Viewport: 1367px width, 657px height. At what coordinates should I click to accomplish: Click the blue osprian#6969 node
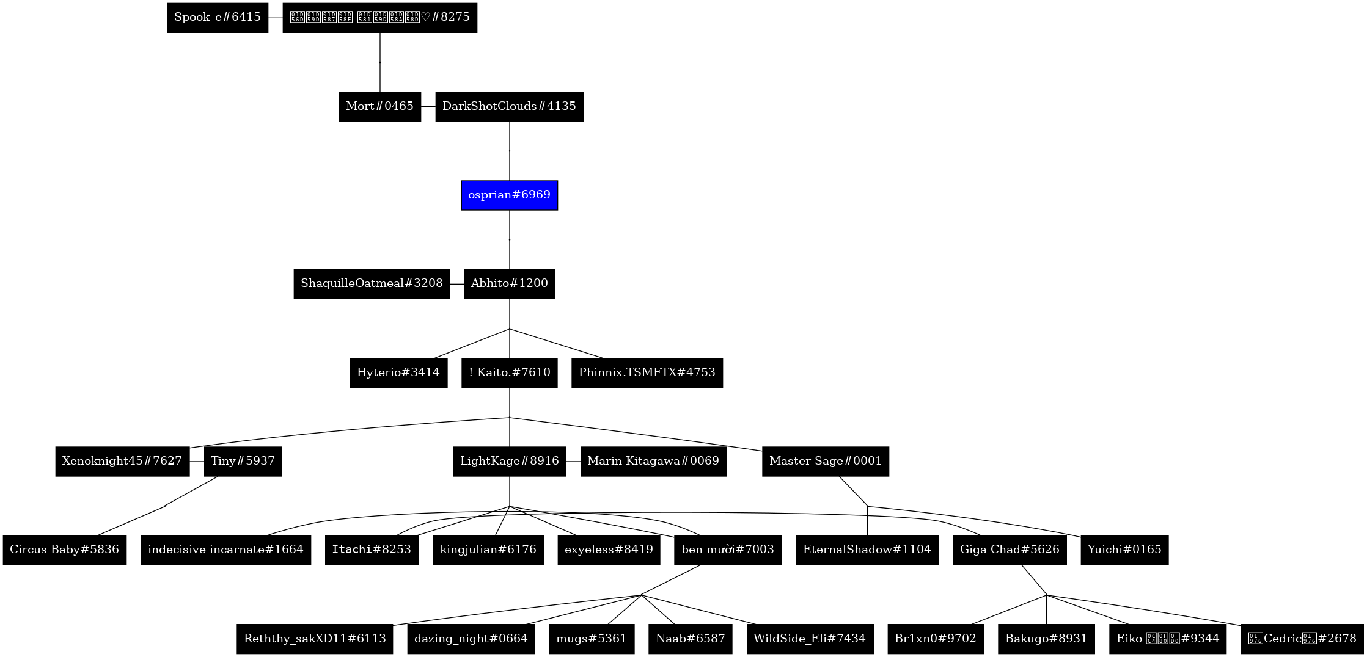tap(509, 195)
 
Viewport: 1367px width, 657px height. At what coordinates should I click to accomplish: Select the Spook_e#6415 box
tap(218, 18)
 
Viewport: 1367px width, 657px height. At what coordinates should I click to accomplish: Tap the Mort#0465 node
tap(379, 106)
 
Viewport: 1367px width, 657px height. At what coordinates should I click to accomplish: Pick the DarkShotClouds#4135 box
tap(509, 106)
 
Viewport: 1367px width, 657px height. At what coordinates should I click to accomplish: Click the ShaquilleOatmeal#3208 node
tap(372, 284)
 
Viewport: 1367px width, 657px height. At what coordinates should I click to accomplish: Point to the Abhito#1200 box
tap(509, 284)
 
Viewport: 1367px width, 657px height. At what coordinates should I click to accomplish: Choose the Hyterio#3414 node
tap(398, 372)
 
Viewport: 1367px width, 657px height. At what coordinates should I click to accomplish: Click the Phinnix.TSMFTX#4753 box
tap(647, 372)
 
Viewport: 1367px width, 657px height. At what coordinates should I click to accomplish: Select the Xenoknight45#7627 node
tap(122, 461)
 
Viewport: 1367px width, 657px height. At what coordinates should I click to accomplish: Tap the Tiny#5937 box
tap(243, 461)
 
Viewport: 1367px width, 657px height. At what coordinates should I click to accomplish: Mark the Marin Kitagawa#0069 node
tap(653, 461)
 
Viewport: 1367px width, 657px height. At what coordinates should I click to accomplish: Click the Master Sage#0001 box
tap(825, 461)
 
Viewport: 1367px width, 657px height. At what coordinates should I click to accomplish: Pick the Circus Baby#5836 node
tap(65, 550)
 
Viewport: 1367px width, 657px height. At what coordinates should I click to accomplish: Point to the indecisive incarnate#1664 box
tap(225, 550)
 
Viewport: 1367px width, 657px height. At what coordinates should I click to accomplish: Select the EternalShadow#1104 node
tap(867, 550)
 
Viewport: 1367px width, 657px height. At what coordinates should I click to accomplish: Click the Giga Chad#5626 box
tap(1010, 550)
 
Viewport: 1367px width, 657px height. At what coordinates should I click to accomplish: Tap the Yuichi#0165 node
tap(1124, 550)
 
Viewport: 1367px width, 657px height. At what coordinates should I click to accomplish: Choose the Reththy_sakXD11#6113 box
tap(315, 639)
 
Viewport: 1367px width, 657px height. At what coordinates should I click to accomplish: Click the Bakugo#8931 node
tap(1046, 639)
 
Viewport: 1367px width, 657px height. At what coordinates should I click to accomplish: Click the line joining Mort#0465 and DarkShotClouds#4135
tap(428, 106)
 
